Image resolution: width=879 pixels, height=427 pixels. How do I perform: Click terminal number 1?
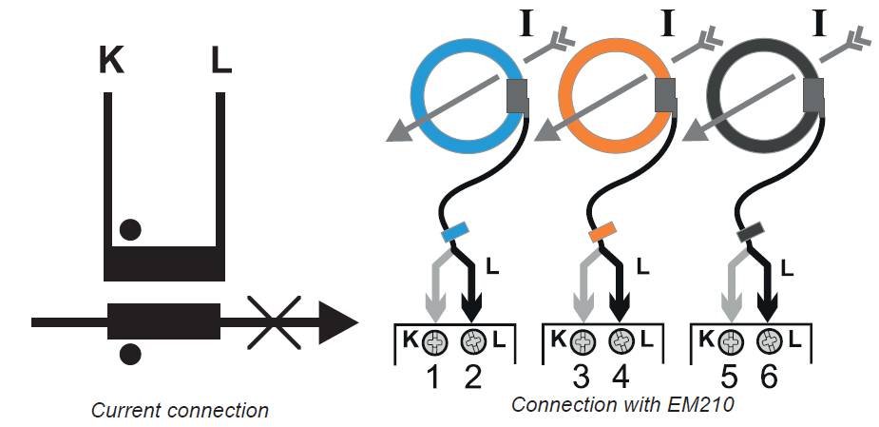(433, 378)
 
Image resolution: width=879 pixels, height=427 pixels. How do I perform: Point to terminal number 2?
(472, 378)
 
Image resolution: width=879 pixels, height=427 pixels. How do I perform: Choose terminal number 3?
(582, 378)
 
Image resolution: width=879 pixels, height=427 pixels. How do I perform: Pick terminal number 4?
(621, 378)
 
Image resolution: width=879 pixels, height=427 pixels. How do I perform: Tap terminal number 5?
(729, 378)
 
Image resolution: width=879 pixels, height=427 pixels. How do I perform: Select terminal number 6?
(769, 378)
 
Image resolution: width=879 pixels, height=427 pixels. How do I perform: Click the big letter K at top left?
(111, 62)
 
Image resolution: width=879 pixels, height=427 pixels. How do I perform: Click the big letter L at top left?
(220, 62)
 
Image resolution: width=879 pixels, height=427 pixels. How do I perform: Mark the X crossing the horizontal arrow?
(275, 321)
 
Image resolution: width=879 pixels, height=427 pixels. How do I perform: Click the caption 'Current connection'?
(180, 411)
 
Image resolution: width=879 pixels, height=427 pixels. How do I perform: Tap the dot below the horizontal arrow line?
(130, 355)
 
